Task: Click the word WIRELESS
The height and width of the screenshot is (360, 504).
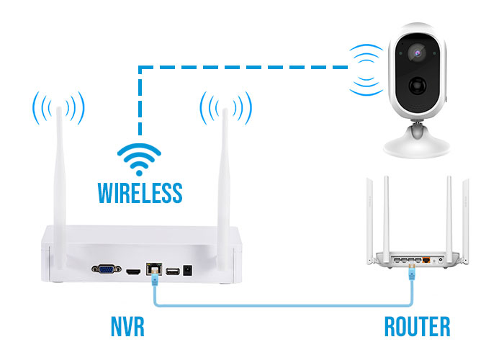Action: point(140,192)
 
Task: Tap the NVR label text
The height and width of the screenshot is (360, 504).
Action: point(127,327)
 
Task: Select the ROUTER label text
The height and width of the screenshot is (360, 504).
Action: point(417,327)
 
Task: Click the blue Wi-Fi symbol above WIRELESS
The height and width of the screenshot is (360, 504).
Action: point(139,159)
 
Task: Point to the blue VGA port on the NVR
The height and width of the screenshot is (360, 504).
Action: point(107,269)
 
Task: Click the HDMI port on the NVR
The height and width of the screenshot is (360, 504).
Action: point(133,272)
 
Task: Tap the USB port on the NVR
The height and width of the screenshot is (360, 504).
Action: point(173,271)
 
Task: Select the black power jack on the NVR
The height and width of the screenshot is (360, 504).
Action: point(188,270)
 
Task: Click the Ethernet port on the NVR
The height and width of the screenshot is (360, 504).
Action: point(154,269)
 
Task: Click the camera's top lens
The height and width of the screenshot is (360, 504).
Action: point(417,53)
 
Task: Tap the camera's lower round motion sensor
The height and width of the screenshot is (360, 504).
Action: point(418,86)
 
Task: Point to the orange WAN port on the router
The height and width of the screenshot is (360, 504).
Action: point(426,260)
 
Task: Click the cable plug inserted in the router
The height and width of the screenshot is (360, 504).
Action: point(412,271)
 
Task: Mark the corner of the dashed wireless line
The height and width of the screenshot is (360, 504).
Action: point(140,67)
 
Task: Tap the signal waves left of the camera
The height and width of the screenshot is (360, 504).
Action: point(366,70)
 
